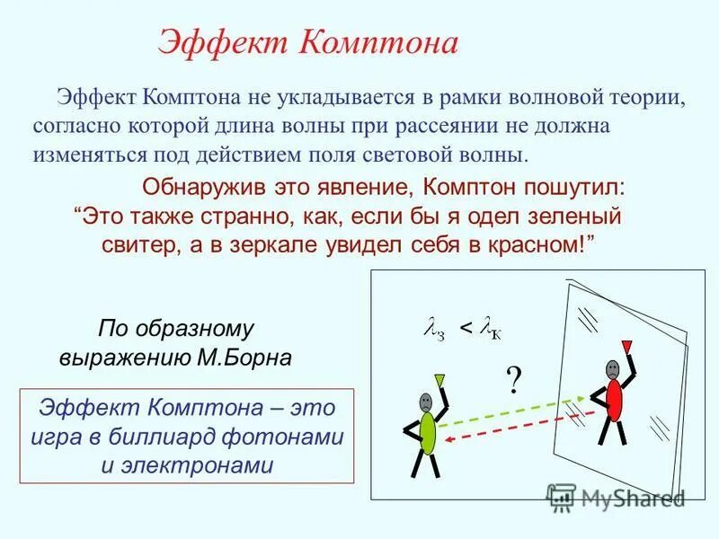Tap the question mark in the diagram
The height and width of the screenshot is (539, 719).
coord(513,381)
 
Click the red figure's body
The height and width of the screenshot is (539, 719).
coord(614,399)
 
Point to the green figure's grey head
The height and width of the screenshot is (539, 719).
coord(425,402)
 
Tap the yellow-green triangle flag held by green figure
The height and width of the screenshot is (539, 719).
coord(439,379)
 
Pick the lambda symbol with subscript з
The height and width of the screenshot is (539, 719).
coord(434,331)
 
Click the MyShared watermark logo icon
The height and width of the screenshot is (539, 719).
coord(561,497)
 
